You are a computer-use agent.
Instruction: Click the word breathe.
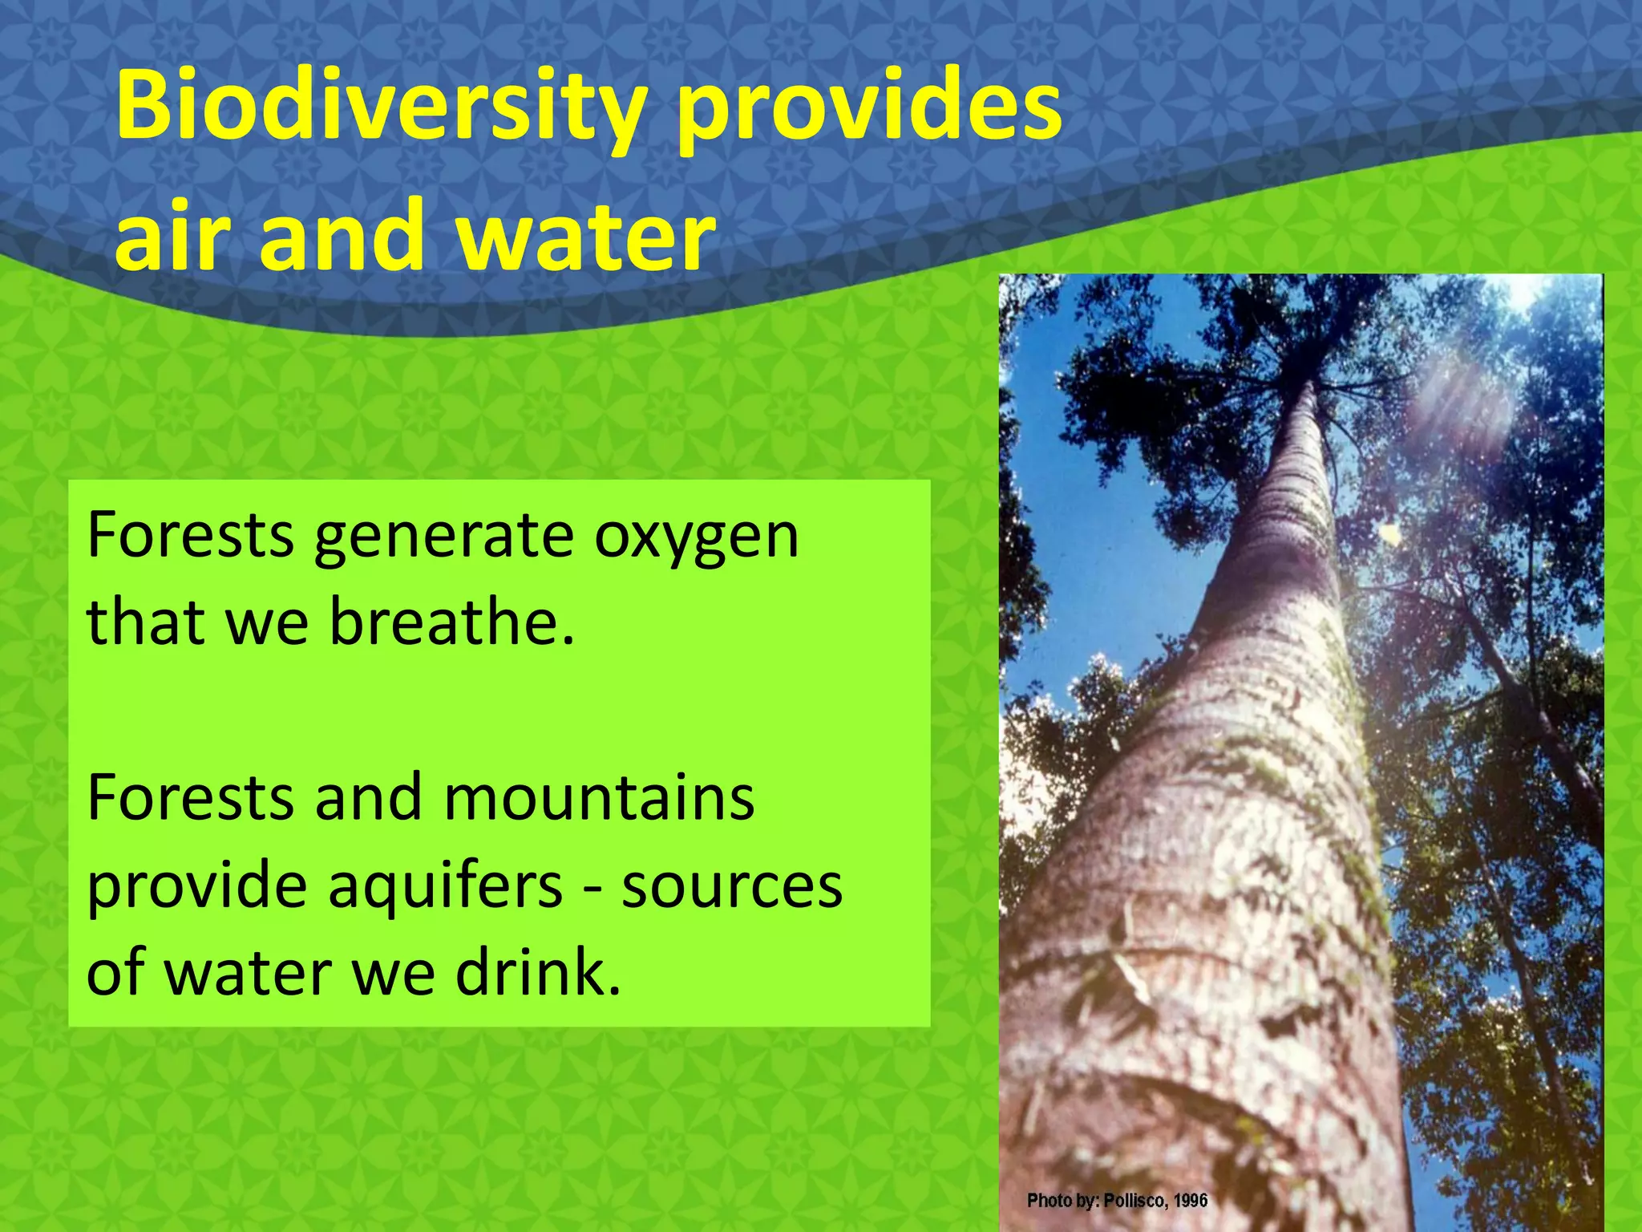(452, 622)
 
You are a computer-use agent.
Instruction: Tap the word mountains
(599, 798)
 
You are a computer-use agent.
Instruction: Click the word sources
(732, 886)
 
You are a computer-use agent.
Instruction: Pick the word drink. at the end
(538, 972)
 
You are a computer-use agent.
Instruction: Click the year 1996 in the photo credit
(1191, 1201)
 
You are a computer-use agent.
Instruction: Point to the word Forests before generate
(190, 536)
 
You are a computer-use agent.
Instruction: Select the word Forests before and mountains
(190, 798)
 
